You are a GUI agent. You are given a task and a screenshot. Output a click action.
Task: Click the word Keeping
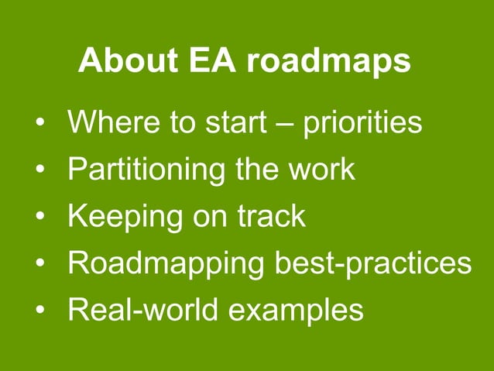point(124,218)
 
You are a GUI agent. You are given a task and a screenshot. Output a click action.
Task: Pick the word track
point(269,216)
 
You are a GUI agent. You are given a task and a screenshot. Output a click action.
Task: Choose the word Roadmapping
point(166,265)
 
